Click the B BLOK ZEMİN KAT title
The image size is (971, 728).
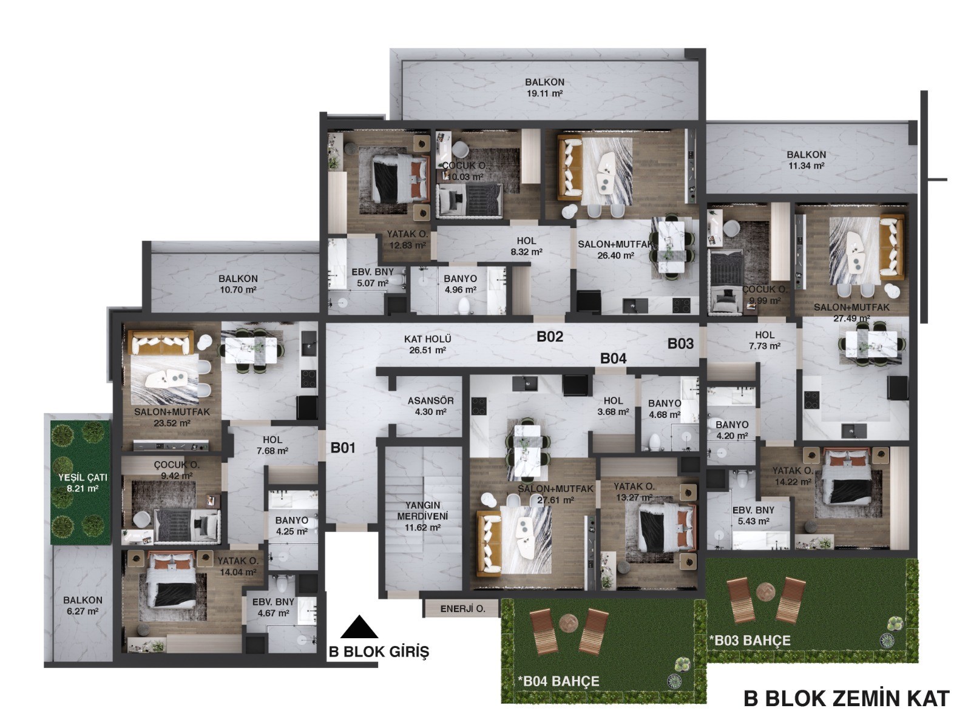point(846,698)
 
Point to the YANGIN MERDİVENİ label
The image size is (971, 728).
point(422,516)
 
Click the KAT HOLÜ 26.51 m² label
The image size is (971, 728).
point(427,345)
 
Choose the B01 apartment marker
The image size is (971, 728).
point(343,448)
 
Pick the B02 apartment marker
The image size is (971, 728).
point(550,336)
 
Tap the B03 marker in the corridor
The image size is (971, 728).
point(680,343)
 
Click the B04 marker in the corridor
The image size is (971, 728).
point(613,359)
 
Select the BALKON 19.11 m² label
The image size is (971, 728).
point(544,87)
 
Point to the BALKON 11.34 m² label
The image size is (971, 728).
point(806,160)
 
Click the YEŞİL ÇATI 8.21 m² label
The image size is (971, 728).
point(83,483)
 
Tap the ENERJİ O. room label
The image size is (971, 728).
point(462,608)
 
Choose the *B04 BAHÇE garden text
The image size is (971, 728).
point(558,681)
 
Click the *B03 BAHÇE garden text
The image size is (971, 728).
point(750,641)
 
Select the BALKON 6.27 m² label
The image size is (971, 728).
point(83,605)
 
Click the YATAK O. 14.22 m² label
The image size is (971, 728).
point(793,476)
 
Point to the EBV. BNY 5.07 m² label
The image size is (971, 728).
point(372,277)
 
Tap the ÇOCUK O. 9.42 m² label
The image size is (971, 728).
point(177,470)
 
